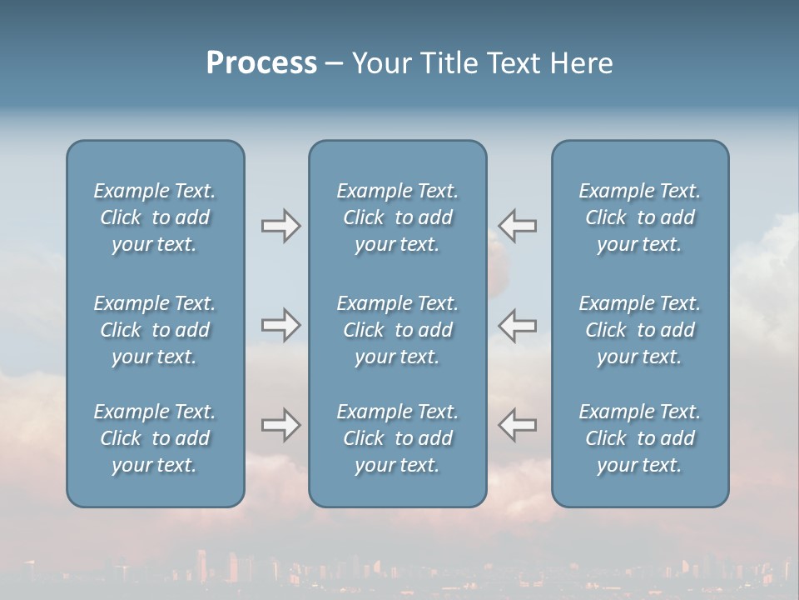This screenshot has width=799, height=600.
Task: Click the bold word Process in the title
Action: [261, 63]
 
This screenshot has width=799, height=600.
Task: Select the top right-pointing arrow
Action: [280, 226]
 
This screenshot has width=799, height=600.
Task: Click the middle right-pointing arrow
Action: [280, 325]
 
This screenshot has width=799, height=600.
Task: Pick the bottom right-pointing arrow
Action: [280, 425]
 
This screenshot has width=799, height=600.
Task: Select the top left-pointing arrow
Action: [518, 226]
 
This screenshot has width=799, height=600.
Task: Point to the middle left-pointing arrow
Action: [518, 325]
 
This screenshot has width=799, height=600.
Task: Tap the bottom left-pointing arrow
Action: [518, 425]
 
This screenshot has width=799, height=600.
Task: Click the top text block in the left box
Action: [155, 217]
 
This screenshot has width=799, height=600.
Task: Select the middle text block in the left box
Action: [155, 330]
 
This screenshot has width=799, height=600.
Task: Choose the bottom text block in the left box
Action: [155, 438]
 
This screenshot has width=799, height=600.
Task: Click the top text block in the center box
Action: [398, 217]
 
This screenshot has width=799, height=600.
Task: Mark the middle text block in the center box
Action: [398, 330]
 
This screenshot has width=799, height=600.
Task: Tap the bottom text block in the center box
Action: [398, 438]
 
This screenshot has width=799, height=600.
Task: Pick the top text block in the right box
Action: [640, 217]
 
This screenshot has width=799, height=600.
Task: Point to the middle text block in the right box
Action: [640, 330]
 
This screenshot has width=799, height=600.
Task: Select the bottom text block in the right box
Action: [640, 438]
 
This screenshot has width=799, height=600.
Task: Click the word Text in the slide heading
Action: [512, 63]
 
